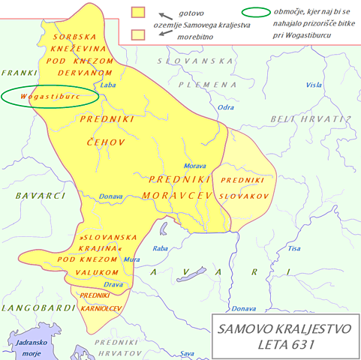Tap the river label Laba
point(108,85)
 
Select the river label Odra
point(226,107)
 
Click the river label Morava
point(195,166)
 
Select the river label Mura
point(131,259)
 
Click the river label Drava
point(113,284)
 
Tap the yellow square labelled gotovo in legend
point(137,12)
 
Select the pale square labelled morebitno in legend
point(137,34)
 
